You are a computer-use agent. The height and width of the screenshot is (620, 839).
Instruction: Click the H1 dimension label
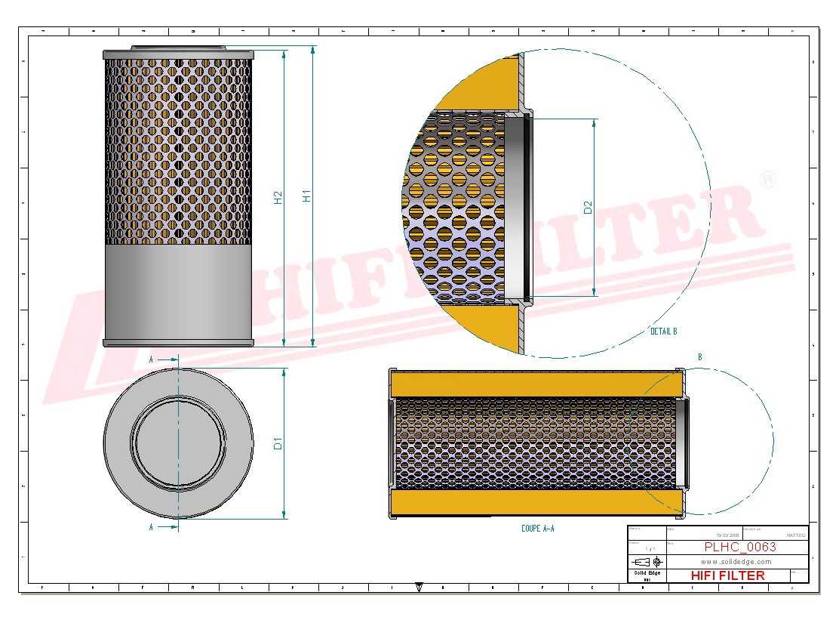coord(306,196)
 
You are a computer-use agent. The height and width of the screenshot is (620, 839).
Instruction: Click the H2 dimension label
coord(278,198)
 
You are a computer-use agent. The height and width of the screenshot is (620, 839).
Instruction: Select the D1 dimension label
coord(278,443)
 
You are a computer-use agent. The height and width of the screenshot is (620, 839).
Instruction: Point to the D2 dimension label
coord(588,207)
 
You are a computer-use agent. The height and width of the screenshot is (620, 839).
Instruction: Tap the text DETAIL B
coord(663,332)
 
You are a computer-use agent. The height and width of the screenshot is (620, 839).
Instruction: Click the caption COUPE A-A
coord(537,529)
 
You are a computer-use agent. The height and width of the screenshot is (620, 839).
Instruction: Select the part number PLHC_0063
coord(739,548)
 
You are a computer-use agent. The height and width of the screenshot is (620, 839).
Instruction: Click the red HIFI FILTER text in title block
coord(727,575)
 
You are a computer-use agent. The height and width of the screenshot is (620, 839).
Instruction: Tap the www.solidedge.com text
coord(736,562)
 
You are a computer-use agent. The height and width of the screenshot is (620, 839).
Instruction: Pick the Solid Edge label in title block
coord(647,573)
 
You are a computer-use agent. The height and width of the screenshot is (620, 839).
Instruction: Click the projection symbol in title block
coord(647,562)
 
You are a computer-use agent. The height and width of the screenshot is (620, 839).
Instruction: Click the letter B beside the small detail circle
coord(700,357)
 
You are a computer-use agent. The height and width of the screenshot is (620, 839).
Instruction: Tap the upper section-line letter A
coord(151,360)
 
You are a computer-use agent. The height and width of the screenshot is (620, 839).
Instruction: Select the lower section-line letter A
coord(151,527)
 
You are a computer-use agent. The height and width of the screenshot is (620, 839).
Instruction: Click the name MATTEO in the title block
coord(795,535)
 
